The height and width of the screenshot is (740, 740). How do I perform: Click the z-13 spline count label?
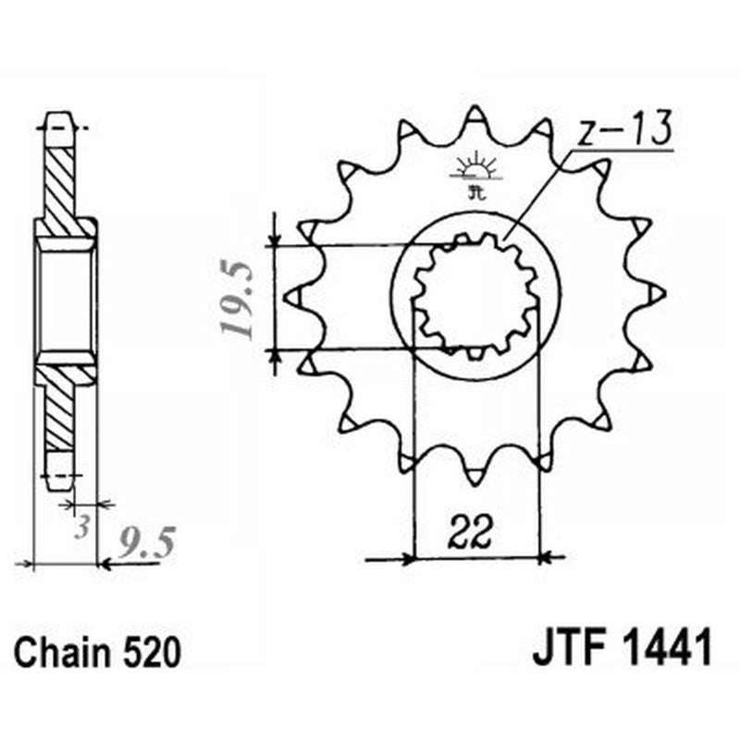(623, 132)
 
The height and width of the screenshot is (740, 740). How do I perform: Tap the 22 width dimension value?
(473, 533)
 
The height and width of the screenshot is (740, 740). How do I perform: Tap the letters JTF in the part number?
(565, 647)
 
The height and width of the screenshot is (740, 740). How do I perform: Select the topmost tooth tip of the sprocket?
(475, 112)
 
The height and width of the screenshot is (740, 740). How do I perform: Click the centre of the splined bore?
(475, 296)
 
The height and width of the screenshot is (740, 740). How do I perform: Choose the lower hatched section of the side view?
(63, 407)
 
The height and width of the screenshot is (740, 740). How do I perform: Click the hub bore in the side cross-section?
(66, 296)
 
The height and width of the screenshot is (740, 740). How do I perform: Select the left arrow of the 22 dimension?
(406, 559)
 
